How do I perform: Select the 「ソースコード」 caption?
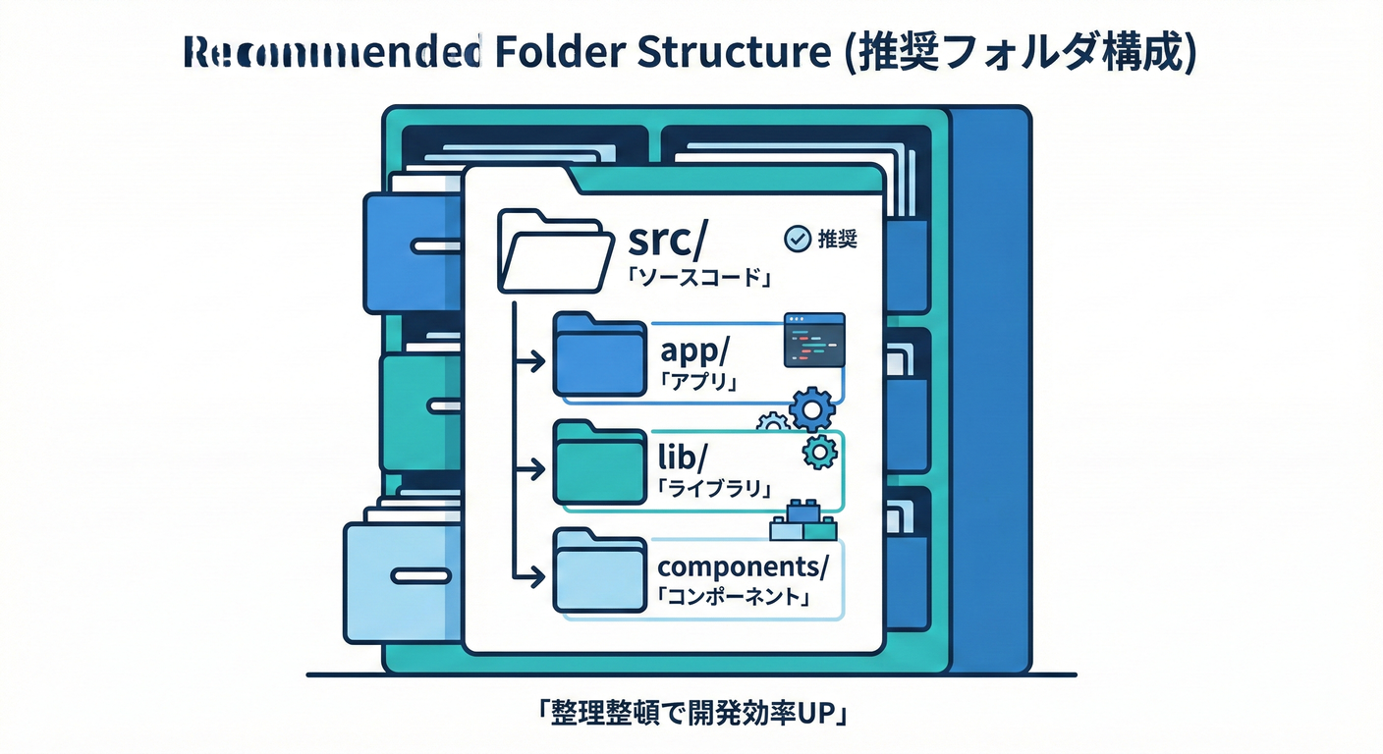696,279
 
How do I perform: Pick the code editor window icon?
814,341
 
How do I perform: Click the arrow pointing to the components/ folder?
530,572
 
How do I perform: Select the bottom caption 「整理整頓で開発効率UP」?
691,715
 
